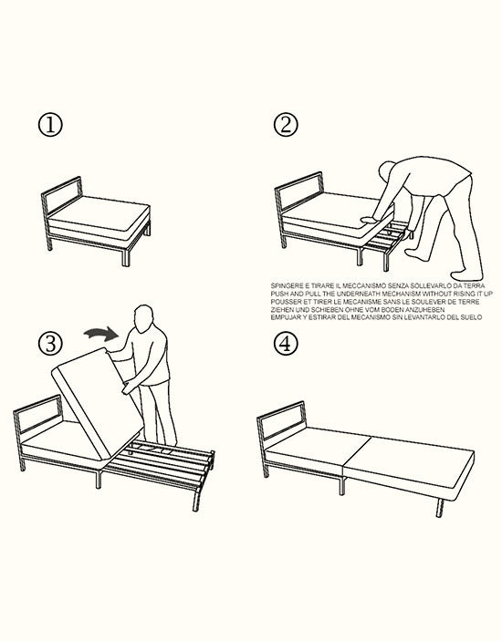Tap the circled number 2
[288, 126]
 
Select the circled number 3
[51, 343]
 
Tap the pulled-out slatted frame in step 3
[173, 458]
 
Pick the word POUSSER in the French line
[288, 300]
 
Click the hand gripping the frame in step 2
[367, 220]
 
